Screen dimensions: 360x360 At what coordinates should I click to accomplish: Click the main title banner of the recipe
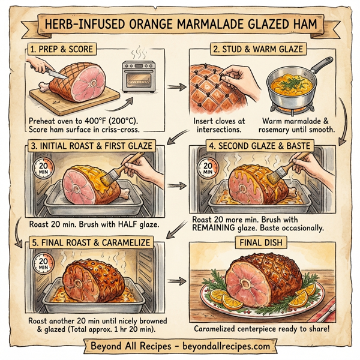point(180,27)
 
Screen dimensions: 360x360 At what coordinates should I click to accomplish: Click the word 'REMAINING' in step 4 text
point(219,229)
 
